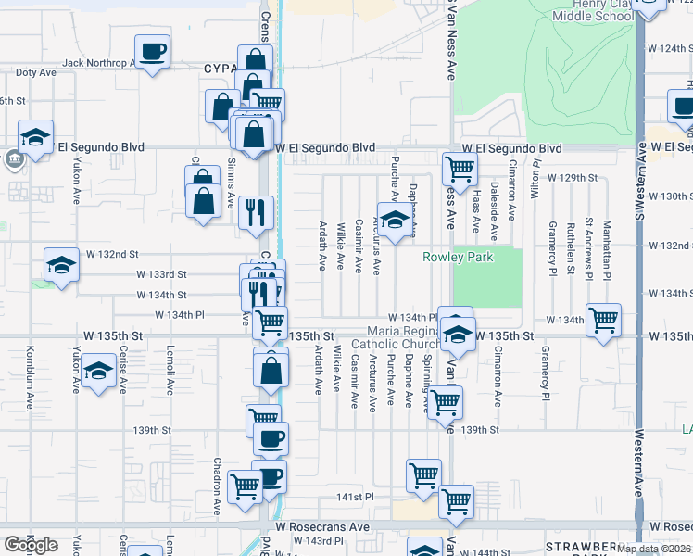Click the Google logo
pos(31,545)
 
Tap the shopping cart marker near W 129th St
pos(459,169)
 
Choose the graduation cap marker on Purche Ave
pos(395,221)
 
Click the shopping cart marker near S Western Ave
pos(603,320)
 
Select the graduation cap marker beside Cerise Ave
pos(97,373)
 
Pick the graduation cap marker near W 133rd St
pos(60,265)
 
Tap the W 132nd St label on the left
pos(112,254)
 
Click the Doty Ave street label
pos(36,71)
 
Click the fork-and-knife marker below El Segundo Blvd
pos(255,211)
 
